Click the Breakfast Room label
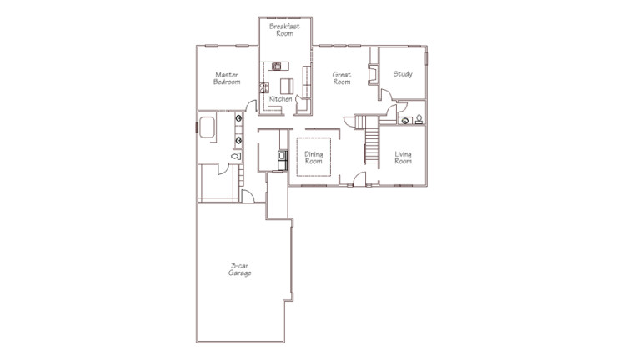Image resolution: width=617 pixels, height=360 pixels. click(x=284, y=29)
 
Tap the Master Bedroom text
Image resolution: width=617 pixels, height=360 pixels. click(x=227, y=78)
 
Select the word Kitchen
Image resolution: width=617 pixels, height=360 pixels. click(x=280, y=99)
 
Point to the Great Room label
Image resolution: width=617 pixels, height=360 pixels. click(x=341, y=78)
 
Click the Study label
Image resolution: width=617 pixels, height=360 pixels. click(x=403, y=74)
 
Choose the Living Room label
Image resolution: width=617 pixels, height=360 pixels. click(x=403, y=157)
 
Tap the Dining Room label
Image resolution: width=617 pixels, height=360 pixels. click(x=314, y=157)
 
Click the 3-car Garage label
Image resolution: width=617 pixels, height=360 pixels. click(x=240, y=269)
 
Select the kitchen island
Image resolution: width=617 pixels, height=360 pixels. click(x=287, y=85)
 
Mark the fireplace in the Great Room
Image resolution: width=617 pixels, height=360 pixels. click(x=374, y=74)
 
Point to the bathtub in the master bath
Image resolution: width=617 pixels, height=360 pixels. click(x=207, y=127)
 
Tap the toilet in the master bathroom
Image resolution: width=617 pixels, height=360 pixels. click(x=237, y=156)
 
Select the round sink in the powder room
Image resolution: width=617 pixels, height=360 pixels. click(x=405, y=120)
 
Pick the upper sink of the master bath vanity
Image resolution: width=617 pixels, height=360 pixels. click(x=238, y=119)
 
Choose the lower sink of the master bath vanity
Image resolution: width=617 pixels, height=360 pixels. click(x=238, y=141)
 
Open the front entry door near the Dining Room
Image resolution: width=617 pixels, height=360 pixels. click(x=357, y=178)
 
